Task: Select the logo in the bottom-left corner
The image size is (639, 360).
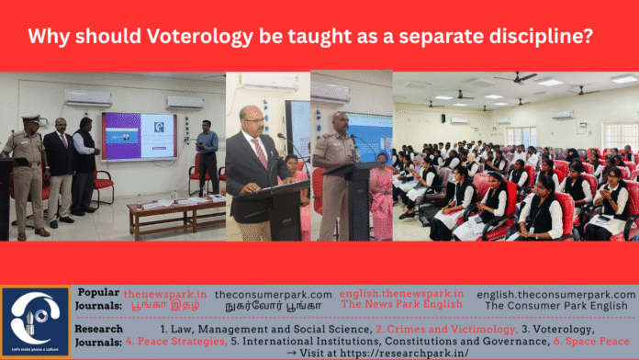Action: point(36,321)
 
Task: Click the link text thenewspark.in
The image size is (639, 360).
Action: point(166,294)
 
